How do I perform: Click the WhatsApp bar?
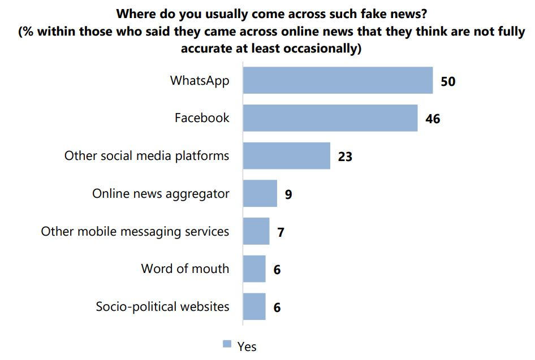[x=338, y=80]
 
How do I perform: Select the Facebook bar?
[x=330, y=118]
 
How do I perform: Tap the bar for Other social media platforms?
[x=286, y=155]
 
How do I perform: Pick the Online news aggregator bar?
[x=260, y=194]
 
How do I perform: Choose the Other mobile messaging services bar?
[x=256, y=231]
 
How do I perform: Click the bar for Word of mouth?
[x=254, y=268]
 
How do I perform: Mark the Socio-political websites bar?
[x=254, y=306]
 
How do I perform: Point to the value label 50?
[x=448, y=81]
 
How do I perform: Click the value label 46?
[x=433, y=119]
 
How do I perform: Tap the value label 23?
[x=345, y=157]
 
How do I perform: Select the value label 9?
[x=288, y=195]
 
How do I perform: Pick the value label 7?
[x=281, y=232]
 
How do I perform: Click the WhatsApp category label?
[x=200, y=80]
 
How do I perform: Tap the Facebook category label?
[x=202, y=118]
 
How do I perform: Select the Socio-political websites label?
[x=162, y=306]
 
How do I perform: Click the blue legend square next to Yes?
[x=227, y=344]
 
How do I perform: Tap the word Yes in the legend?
[x=247, y=346]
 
